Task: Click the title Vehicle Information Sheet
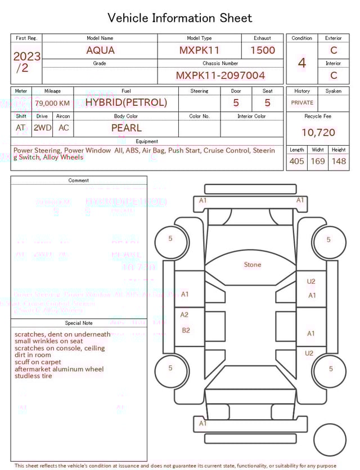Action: [x=180, y=18]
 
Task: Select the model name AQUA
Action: [x=100, y=50]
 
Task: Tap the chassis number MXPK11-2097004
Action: [x=220, y=75]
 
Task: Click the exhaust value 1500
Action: [x=262, y=50]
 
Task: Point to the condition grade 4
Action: [x=301, y=62]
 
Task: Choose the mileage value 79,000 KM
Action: [x=52, y=103]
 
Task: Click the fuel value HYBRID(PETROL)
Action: [x=126, y=102]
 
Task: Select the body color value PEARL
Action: [x=126, y=128]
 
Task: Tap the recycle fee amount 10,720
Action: [x=318, y=133]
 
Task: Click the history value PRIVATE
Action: [x=302, y=103]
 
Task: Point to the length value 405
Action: [x=296, y=162]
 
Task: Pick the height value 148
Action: [x=339, y=162]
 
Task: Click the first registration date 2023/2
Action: [x=26, y=62]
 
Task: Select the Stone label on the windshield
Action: [x=253, y=265]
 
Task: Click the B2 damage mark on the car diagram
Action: [x=186, y=330]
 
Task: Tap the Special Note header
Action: [x=79, y=323]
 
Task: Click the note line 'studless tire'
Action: [x=33, y=376]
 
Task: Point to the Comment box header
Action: [x=79, y=181]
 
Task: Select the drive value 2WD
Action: [x=42, y=128]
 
